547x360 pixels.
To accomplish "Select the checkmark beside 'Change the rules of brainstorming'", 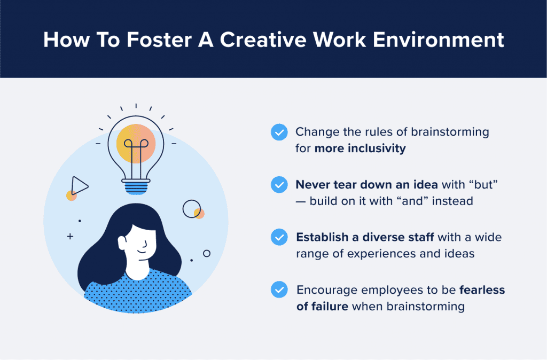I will (x=279, y=132).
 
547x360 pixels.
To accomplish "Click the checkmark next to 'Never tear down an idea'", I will (x=279, y=184).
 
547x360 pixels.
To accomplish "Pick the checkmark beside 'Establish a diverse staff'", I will (x=279, y=237).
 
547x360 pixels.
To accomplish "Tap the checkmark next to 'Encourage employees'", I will (x=279, y=289).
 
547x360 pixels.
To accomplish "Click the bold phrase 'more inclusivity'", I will (x=360, y=148).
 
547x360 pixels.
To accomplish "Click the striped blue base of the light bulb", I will (x=136, y=186).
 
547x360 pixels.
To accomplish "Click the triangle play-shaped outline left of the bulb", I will (x=79, y=185).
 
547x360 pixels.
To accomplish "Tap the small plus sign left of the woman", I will (x=70, y=236).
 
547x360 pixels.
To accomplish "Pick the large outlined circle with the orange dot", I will (x=191, y=209).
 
